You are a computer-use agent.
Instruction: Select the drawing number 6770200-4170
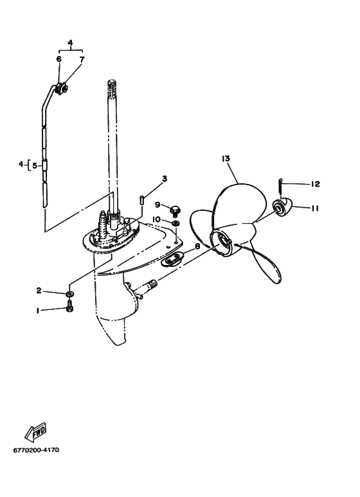coord(36,450)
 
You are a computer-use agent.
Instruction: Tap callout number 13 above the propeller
coord(226,158)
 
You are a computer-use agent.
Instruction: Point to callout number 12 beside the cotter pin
coord(315,184)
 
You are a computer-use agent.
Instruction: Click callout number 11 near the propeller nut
coord(315,208)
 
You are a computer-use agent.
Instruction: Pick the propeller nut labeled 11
coord(282,207)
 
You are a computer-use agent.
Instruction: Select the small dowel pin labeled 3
coord(142,201)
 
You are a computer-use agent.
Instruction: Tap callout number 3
coord(165,179)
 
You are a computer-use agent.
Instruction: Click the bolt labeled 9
coord(175,210)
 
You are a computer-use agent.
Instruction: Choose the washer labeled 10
coord(175,224)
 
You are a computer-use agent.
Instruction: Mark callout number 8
coord(197,246)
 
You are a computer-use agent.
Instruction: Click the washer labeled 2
coord(70,294)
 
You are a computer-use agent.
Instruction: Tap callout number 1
coord(38,311)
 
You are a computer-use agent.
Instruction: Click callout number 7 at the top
coord(82,59)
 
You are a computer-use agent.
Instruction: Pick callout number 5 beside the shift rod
coord(35,165)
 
